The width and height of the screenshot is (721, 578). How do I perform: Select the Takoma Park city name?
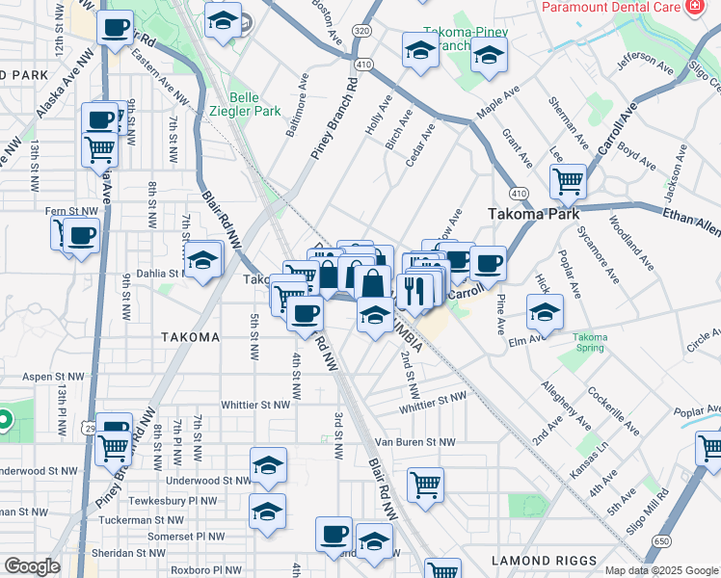pyautogui.click(x=532, y=214)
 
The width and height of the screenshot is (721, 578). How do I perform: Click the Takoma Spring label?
pyautogui.click(x=590, y=343)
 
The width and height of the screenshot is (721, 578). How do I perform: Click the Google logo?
pyautogui.click(x=32, y=566)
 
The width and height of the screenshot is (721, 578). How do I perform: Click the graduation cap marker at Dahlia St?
pyautogui.click(x=202, y=260)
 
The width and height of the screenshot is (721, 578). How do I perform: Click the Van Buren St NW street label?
pyautogui.click(x=414, y=442)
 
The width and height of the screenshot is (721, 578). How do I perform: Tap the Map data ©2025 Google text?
pyautogui.click(x=661, y=570)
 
